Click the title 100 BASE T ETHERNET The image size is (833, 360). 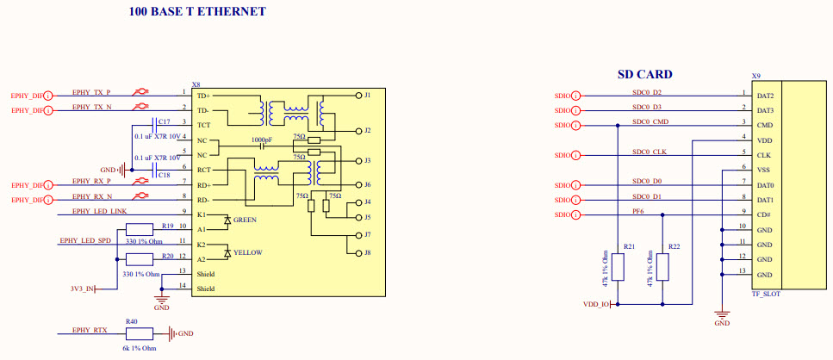point(197,12)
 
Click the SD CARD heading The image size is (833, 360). point(644,74)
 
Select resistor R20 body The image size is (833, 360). point(139,260)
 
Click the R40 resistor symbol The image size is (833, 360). point(139,333)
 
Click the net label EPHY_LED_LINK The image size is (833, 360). point(99,211)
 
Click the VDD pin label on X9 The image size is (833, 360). point(764,140)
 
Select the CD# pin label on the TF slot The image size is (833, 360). point(763,215)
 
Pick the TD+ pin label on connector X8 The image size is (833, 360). point(203,96)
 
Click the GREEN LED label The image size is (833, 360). point(245,220)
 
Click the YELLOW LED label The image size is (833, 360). point(246,252)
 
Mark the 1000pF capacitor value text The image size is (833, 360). point(264,140)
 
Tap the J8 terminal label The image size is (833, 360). point(367,252)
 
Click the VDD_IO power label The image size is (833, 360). point(596,304)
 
